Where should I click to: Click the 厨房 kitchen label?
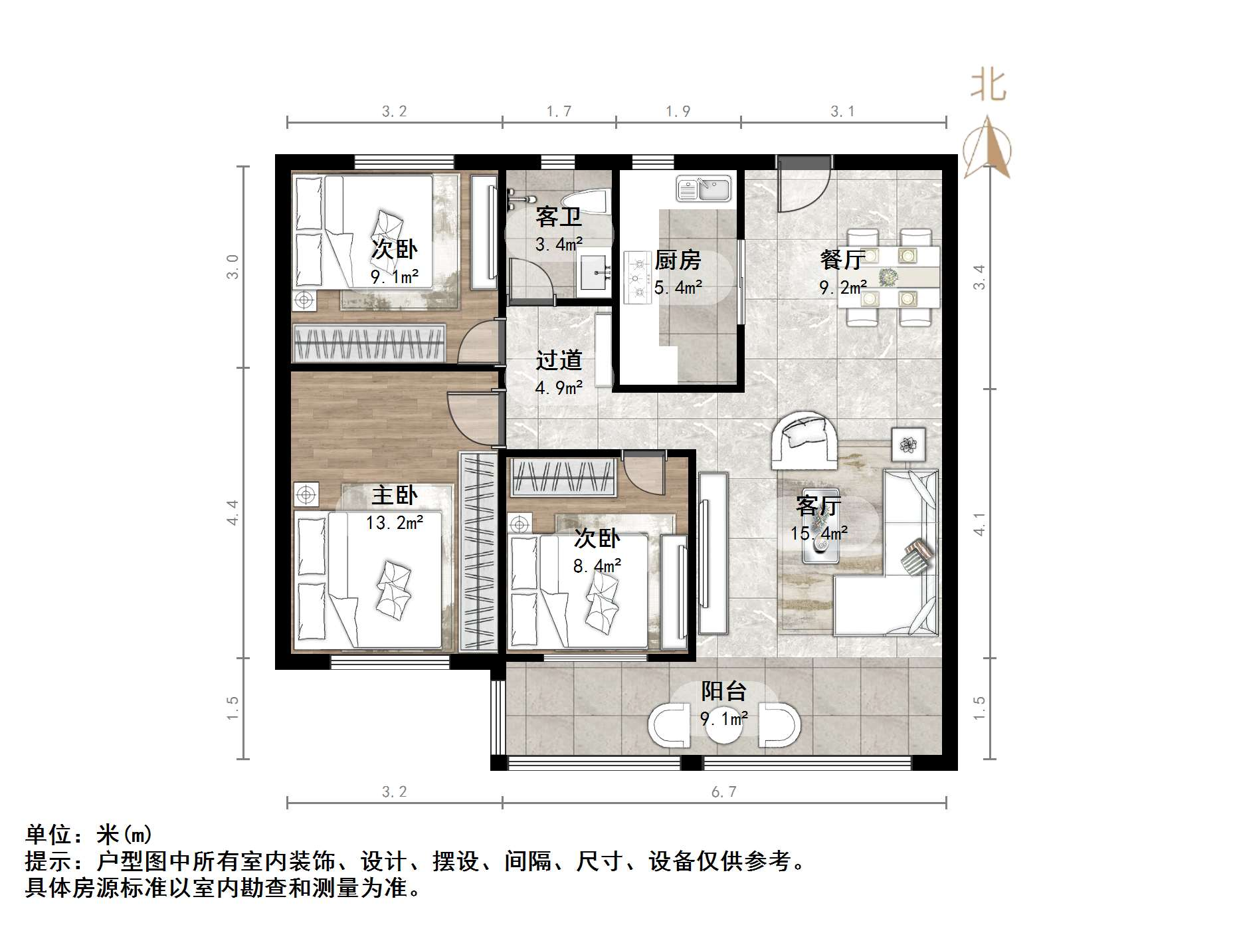[x=678, y=260]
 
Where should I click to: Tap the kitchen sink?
[x=704, y=189]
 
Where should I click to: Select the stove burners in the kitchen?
[x=638, y=278]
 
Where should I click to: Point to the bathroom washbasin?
[x=593, y=272]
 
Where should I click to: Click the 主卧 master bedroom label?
[x=395, y=495]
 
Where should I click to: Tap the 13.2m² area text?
[x=395, y=522]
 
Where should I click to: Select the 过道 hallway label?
[x=559, y=360]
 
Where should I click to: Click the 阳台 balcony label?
[x=724, y=691]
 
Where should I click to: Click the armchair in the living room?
[x=804, y=439]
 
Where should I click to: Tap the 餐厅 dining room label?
[x=842, y=259]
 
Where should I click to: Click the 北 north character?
[x=988, y=86]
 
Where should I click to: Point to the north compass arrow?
[x=988, y=147]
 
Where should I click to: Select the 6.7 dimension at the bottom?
[x=724, y=791]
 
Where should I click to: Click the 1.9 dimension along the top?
[x=678, y=111]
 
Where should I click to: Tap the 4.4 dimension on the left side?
[x=233, y=512]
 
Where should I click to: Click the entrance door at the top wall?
[x=804, y=183]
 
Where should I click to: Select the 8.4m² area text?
[x=597, y=565]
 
